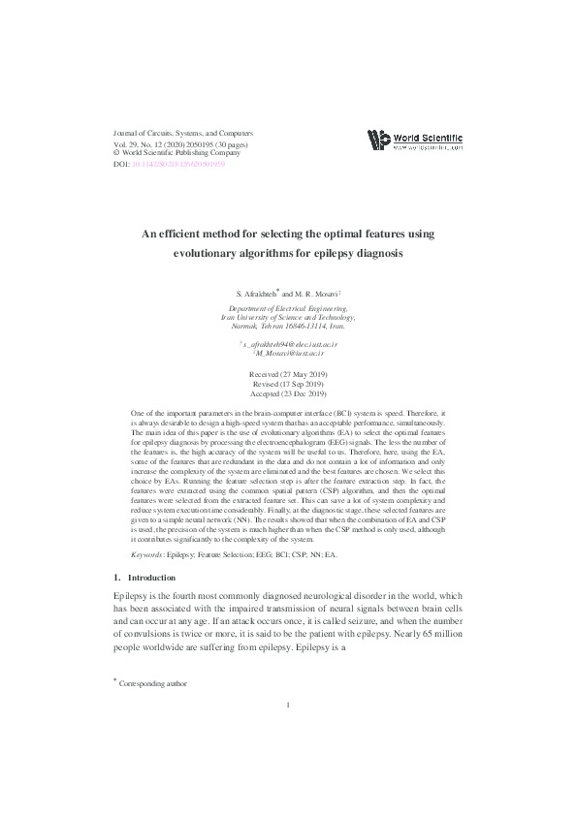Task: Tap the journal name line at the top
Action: [183, 131]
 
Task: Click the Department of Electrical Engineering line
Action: [288, 307]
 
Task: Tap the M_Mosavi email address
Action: [289, 355]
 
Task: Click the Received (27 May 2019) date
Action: [288, 373]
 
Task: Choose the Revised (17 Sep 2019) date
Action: [288, 384]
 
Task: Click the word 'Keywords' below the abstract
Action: [147, 554]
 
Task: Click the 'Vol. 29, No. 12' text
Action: [143, 141]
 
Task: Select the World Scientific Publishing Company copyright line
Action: [176, 152]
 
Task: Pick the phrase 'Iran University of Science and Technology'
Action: [288, 317]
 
